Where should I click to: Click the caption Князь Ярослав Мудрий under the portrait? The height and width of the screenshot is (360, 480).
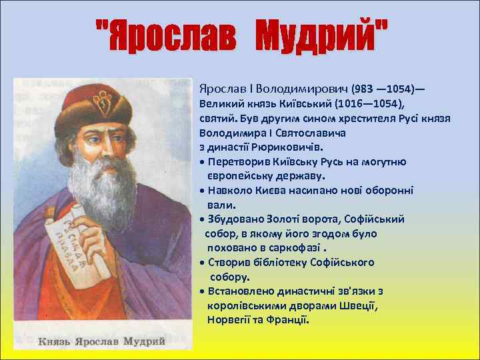coord(102,341)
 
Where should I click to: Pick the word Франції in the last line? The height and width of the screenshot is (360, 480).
coord(290,320)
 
